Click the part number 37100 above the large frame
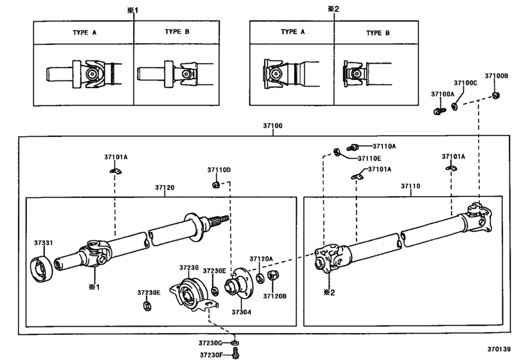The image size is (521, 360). [272, 126]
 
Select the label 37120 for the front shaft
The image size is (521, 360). [164, 188]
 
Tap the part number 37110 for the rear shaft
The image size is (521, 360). [411, 186]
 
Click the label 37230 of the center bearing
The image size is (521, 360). [190, 267]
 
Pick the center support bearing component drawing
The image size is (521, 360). [188, 291]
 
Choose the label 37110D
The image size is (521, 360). [218, 170]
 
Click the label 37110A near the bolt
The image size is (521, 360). [385, 146]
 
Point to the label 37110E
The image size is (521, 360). [369, 157]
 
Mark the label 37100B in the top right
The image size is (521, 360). [496, 76]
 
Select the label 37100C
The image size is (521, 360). [465, 83]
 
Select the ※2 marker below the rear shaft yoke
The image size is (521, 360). [329, 292]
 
